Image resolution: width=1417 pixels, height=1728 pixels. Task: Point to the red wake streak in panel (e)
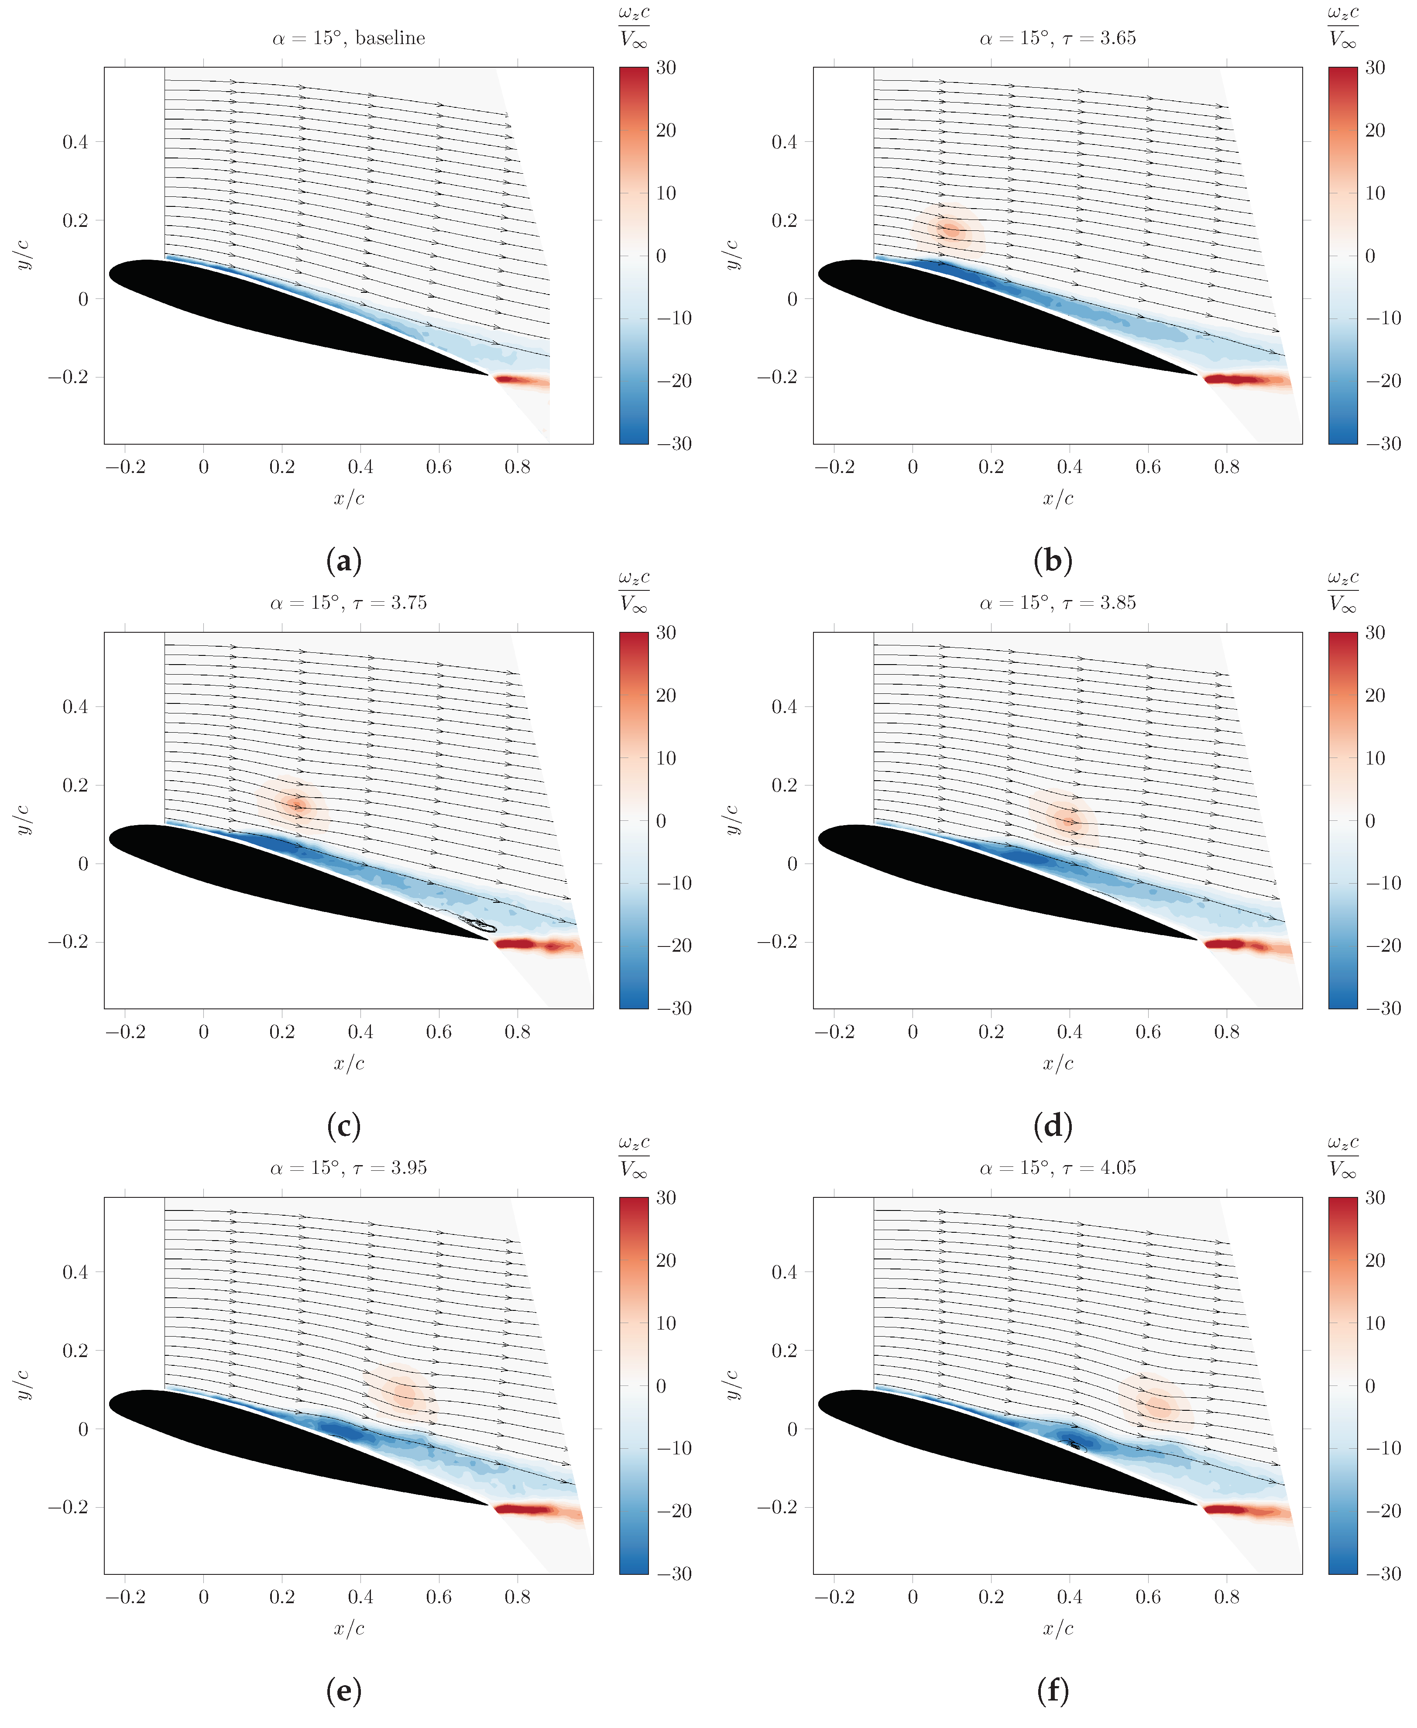(531, 1510)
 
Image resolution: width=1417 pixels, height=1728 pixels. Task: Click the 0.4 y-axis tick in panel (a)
(76, 142)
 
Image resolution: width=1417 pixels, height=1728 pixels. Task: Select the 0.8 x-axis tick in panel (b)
(1226, 467)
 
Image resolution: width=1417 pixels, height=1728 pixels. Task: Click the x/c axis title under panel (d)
(1058, 1063)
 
